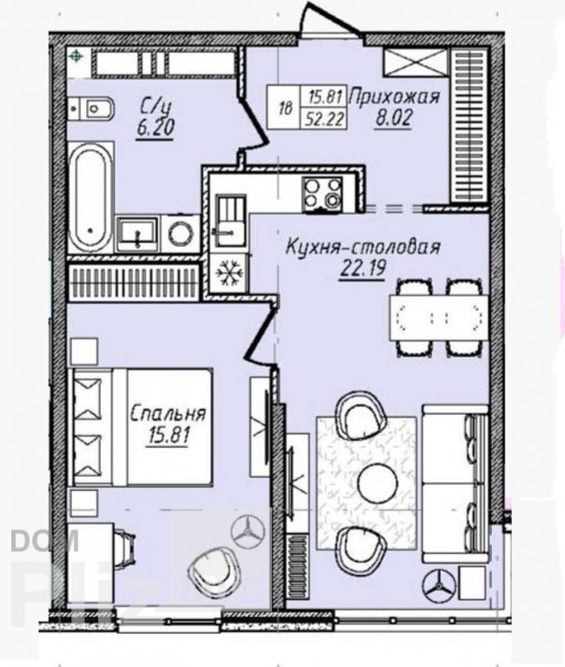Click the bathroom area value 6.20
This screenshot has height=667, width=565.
[x=155, y=126]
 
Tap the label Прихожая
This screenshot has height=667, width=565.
[x=394, y=96]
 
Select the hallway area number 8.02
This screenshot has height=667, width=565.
[x=394, y=118]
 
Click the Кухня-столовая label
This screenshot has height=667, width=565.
[x=362, y=248]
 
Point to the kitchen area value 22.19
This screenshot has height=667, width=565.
[x=362, y=269]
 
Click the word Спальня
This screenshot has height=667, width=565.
[x=168, y=414]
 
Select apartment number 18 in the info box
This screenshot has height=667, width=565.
[x=286, y=108]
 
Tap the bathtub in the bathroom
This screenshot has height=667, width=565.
[x=90, y=197]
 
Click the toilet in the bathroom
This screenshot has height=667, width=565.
[x=90, y=109]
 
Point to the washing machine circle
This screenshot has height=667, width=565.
[x=181, y=234]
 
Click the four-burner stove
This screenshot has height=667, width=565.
[x=323, y=195]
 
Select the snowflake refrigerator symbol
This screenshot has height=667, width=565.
[x=229, y=273]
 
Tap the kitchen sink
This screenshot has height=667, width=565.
[x=230, y=221]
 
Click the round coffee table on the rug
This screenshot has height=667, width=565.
[x=377, y=482]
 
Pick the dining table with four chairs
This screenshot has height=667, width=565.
[x=439, y=317]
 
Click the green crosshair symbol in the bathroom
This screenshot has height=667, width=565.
[x=76, y=56]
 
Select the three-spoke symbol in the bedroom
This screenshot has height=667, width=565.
[x=248, y=531]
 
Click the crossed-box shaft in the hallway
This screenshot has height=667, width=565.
[x=416, y=63]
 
